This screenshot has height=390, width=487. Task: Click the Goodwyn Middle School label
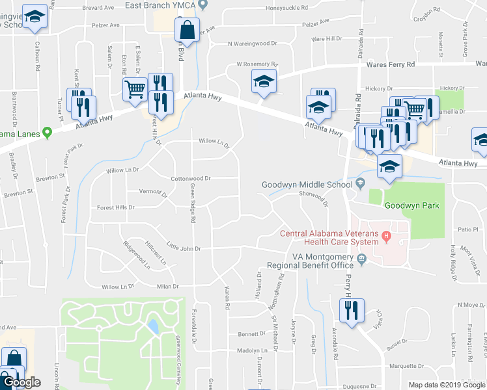pos(308,185)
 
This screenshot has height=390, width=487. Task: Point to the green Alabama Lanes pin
pos(47,133)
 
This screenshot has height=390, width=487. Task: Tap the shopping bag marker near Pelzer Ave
pos(187,31)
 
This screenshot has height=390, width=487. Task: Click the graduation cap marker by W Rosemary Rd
pos(264,81)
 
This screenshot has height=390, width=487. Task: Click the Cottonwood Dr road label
pos(191,178)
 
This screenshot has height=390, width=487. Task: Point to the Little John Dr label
pos(184,248)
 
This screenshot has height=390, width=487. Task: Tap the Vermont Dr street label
pos(148,192)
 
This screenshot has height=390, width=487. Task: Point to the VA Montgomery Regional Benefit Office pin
pos(363,259)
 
